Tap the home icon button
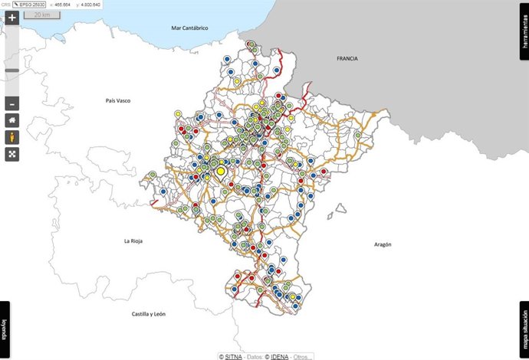pos(12,120)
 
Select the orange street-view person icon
pos(12,137)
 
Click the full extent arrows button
pos(12,154)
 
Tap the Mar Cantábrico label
pos(190,28)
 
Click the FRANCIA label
pos(347,58)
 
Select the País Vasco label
pos(120,100)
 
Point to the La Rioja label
pos(133,241)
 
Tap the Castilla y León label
pos(149,314)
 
